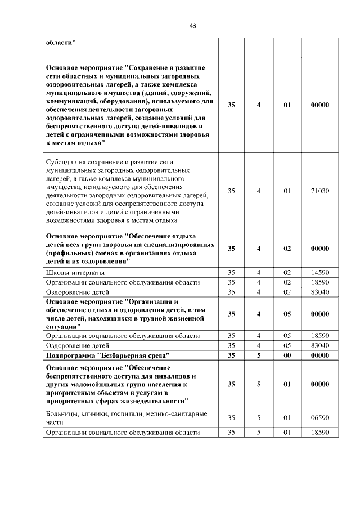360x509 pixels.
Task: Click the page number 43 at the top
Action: tap(192, 25)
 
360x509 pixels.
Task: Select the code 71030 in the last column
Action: tap(319, 191)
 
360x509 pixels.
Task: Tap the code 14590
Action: tap(319, 273)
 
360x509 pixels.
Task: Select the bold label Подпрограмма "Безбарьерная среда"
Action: tap(107, 355)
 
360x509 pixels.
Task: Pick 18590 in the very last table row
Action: tap(319, 432)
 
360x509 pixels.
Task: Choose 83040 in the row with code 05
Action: tap(319, 345)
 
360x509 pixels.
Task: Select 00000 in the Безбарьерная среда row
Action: tap(319, 355)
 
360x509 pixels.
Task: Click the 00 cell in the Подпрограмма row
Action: tap(287, 355)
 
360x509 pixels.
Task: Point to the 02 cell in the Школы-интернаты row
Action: tap(287, 273)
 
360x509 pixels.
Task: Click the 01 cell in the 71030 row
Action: tap(287, 191)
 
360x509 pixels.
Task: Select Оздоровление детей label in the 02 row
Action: tap(78, 292)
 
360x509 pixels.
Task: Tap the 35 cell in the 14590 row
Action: tap(231, 273)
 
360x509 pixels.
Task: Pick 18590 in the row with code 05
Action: tap(319, 336)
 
